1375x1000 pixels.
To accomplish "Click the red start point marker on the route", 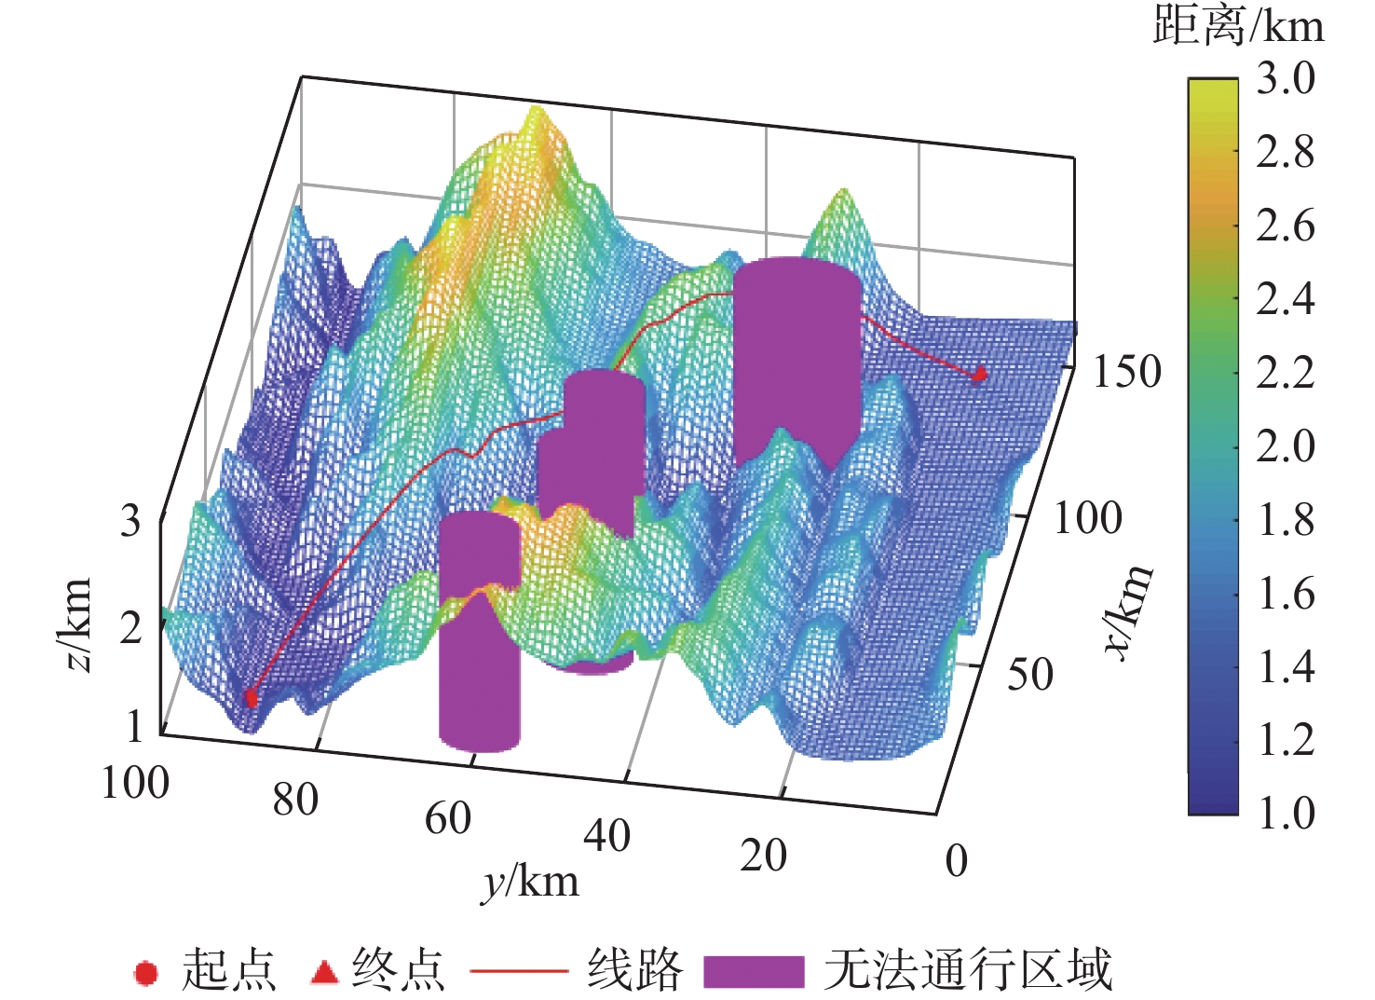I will pyautogui.click(x=251, y=698).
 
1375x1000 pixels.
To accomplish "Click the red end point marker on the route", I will pyautogui.click(x=979, y=375).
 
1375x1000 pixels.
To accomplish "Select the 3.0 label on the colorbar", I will pyautogui.click(x=1286, y=79).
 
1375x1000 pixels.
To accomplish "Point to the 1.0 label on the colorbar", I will pyautogui.click(x=1286, y=813).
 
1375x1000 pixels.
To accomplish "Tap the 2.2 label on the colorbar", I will pyautogui.click(x=1286, y=373).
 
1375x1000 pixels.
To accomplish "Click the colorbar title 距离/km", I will pyautogui.click(x=1238, y=25).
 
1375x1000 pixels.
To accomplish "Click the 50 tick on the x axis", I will pyautogui.click(x=1030, y=674).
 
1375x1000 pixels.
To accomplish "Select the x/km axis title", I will pyautogui.click(x=1130, y=611).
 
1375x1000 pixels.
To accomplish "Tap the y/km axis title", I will pyautogui.click(x=530, y=881).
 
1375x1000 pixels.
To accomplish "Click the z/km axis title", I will pyautogui.click(x=75, y=623).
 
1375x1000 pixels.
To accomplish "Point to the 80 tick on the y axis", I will pyautogui.click(x=295, y=800).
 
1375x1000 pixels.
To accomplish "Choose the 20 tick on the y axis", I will pyautogui.click(x=763, y=856).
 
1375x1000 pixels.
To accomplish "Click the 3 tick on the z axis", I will pyautogui.click(x=130, y=521).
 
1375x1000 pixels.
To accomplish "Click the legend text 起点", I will pyautogui.click(x=228, y=970).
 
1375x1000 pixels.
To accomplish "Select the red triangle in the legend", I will pyautogui.click(x=324, y=971).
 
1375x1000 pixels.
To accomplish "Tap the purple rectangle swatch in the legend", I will pyautogui.click(x=753, y=971).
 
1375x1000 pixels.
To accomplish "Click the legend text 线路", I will pyautogui.click(x=634, y=970).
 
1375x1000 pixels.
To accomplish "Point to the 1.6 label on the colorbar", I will pyautogui.click(x=1286, y=594).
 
